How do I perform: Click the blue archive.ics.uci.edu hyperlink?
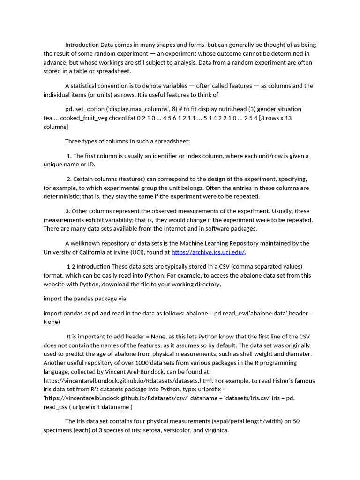tap(208, 252)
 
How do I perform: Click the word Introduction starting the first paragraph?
tap(82, 45)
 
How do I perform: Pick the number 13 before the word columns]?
tap(288, 118)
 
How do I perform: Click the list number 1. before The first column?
tap(69, 156)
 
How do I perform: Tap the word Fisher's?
tap(284, 381)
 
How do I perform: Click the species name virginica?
tap(214, 430)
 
